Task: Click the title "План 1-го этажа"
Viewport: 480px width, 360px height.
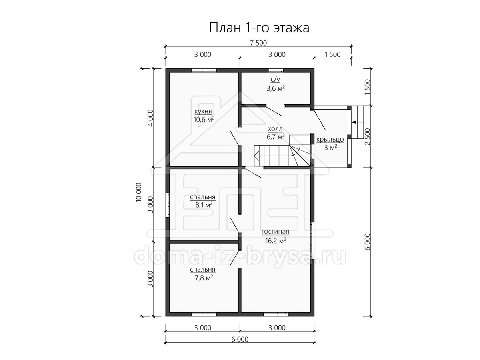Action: [x=259, y=28]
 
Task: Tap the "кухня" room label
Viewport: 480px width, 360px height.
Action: [x=203, y=112]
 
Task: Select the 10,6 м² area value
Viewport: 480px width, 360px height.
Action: [x=204, y=119]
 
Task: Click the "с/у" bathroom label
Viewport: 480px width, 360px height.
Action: [x=275, y=80]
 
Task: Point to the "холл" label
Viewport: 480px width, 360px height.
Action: [x=275, y=129]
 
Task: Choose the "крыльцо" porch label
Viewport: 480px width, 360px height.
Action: [x=330, y=140]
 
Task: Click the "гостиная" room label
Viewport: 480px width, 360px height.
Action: [x=275, y=232]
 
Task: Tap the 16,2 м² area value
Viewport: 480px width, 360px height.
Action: [x=276, y=241]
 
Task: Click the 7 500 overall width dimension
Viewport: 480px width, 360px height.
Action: [x=258, y=43]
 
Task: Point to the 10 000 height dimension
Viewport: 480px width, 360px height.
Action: [x=139, y=192]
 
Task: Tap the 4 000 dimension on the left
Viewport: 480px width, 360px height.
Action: [x=151, y=118]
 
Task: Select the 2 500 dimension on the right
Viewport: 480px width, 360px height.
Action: [x=368, y=137]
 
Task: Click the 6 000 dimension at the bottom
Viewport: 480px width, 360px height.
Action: [x=240, y=340]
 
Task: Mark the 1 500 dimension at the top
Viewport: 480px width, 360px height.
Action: [x=332, y=54]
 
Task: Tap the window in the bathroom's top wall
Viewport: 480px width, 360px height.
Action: [x=276, y=70]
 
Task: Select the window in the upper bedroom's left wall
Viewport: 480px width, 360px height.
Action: [x=167, y=204]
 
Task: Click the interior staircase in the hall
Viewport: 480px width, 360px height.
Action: [x=282, y=150]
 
